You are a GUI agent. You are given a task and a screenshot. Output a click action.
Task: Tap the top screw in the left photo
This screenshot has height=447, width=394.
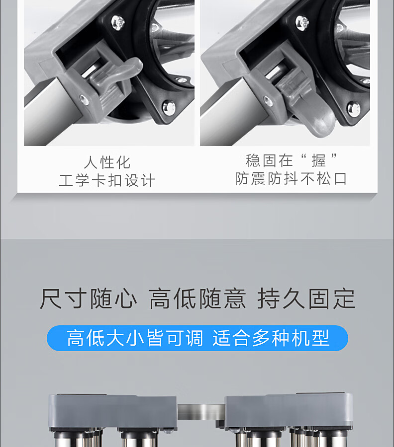(x=118, y=22)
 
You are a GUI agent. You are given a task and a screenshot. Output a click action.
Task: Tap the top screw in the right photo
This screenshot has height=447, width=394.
(x=302, y=22)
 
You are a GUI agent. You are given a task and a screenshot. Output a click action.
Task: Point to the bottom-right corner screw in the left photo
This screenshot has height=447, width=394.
(x=169, y=107)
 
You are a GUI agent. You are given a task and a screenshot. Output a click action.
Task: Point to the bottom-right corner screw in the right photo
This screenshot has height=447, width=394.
(x=354, y=109)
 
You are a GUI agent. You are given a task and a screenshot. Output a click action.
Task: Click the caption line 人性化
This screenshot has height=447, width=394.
(x=107, y=162)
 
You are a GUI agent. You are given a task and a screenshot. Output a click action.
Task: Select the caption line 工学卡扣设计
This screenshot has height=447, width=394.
(x=107, y=180)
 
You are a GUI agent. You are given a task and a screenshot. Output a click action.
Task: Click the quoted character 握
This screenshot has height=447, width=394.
(x=318, y=160)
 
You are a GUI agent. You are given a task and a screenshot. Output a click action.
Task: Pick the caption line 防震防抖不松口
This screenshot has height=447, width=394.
(x=291, y=179)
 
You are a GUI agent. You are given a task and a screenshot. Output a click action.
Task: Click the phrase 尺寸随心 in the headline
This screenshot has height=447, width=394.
(x=88, y=298)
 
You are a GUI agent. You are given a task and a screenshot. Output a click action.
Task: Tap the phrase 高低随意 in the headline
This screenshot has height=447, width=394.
(x=197, y=298)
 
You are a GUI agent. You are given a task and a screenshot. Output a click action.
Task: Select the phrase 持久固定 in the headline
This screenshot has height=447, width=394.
(x=306, y=298)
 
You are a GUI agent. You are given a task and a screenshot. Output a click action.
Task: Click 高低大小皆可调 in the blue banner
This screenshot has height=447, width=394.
(x=135, y=338)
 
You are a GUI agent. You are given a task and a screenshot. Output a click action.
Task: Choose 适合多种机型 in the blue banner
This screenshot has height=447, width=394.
(x=271, y=338)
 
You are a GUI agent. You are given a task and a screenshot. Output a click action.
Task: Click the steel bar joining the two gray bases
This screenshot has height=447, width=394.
(x=200, y=412)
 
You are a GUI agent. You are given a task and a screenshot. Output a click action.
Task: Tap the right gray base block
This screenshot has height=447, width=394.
(x=289, y=411)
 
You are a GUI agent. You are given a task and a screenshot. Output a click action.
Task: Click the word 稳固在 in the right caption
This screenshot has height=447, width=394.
(x=270, y=160)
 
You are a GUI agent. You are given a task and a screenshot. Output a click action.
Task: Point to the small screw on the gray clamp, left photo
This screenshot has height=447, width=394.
(x=84, y=100)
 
